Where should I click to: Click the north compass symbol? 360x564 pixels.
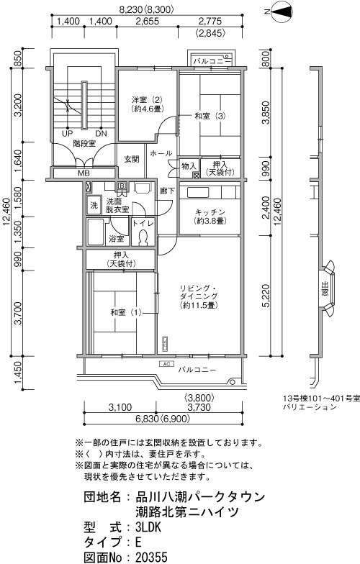pyautogui.click(x=280, y=12)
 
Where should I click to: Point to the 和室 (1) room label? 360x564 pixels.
pyautogui.click(x=126, y=312)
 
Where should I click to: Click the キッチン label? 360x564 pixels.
pyautogui.click(x=210, y=212)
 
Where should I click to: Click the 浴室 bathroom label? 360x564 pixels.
pyautogui.click(x=117, y=239)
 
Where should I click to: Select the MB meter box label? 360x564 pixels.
pyautogui.click(x=84, y=173)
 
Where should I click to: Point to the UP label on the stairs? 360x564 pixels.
pyautogui.click(x=67, y=134)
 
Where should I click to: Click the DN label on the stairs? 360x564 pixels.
pyautogui.click(x=101, y=134)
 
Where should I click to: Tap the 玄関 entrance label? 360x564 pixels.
pyautogui.click(x=132, y=158)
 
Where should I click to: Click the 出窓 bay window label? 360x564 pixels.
pyautogui.click(x=325, y=289)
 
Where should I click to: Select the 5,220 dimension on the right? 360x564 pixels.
pyautogui.click(x=266, y=296)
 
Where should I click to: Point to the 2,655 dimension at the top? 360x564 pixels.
pyautogui.click(x=147, y=22)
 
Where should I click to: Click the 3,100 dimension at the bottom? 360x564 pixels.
pyautogui.click(x=120, y=407)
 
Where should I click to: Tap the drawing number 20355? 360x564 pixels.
pyautogui.click(x=151, y=557)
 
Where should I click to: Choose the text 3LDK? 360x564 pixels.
pyautogui.click(x=148, y=527)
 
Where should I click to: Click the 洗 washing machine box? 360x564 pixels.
pyautogui.click(x=94, y=206)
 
